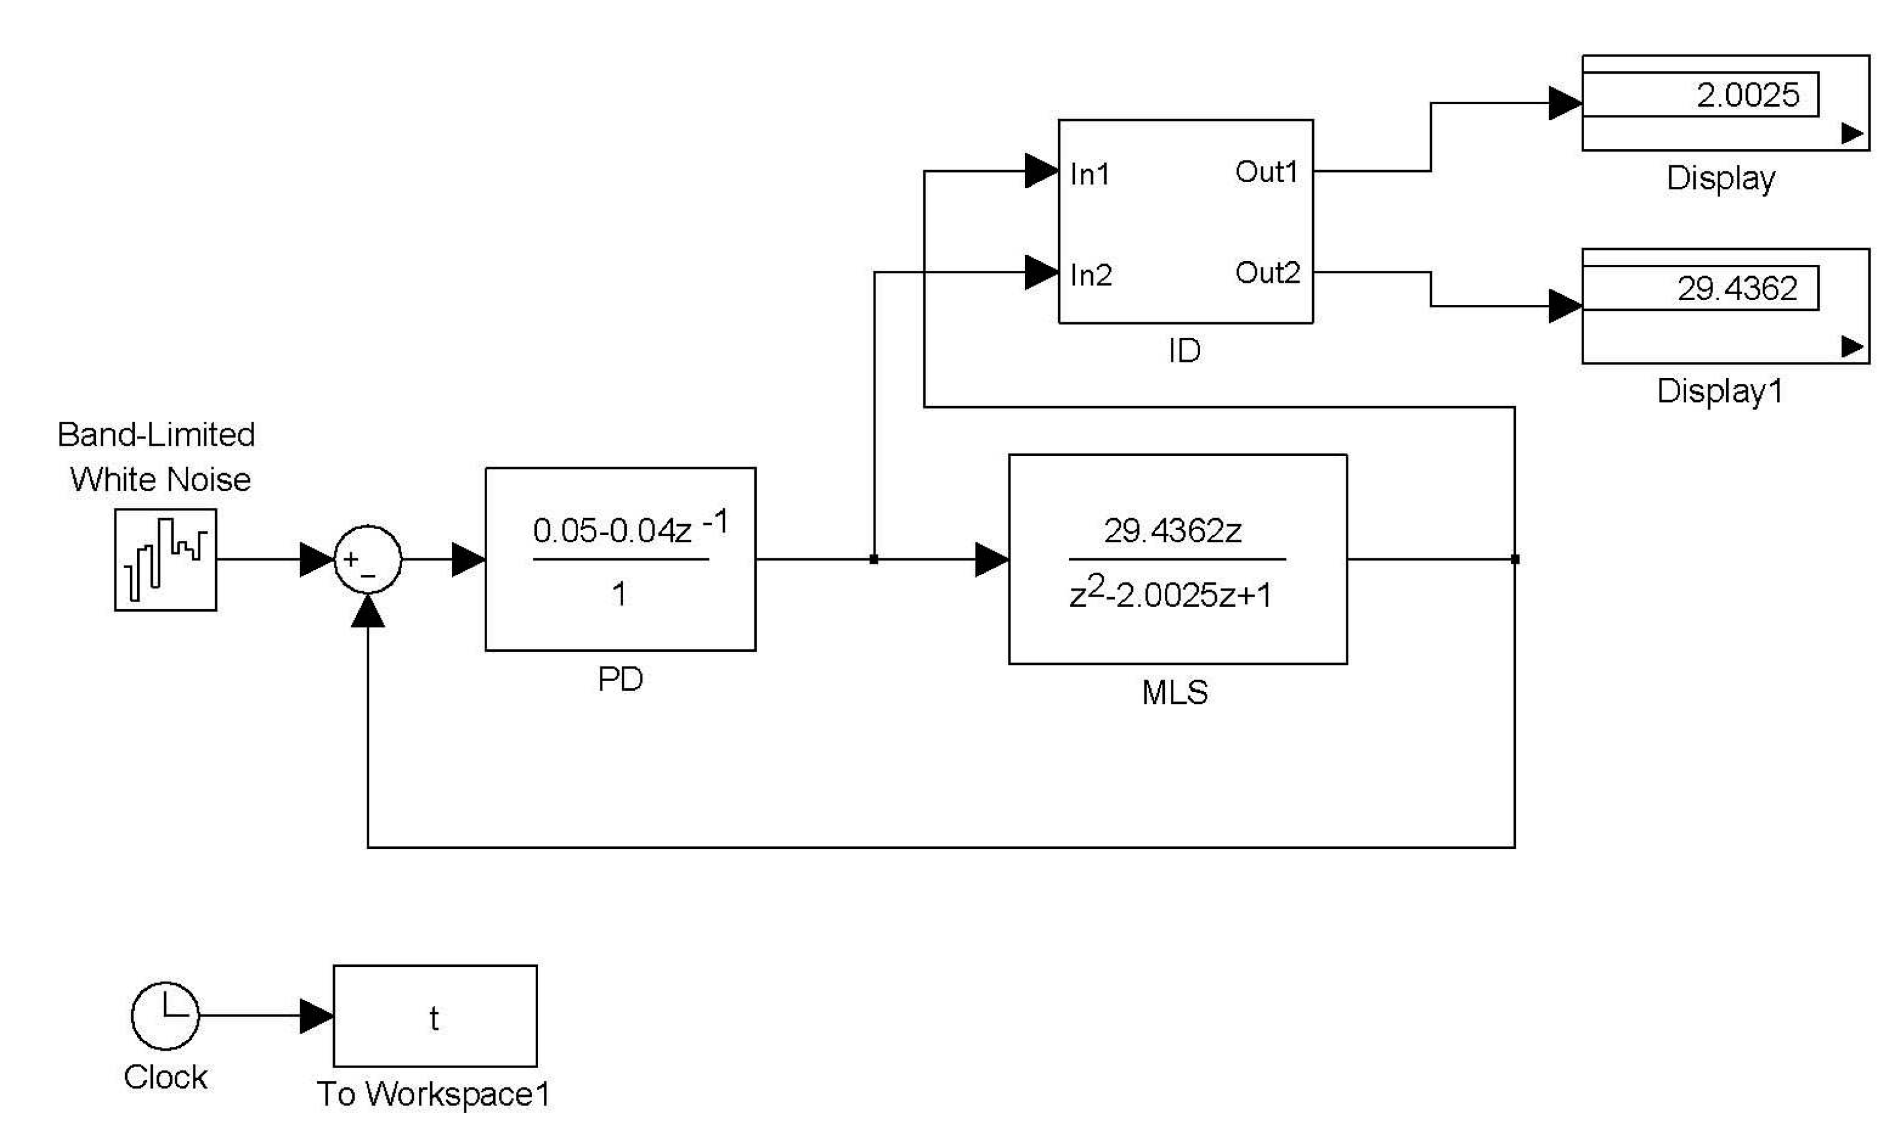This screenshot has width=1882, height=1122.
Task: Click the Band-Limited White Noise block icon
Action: click(165, 560)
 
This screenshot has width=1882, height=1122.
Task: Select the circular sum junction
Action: click(367, 560)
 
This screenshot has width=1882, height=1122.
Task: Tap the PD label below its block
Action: click(620, 679)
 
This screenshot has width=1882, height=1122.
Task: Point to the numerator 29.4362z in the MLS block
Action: click(1172, 531)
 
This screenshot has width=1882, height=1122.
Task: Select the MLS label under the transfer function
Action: click(1174, 692)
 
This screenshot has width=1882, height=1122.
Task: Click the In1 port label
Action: click(1089, 175)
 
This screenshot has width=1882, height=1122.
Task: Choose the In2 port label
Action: click(1090, 275)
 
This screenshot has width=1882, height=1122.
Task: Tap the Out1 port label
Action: click(1266, 173)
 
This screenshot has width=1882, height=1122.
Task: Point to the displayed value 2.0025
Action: click(1747, 95)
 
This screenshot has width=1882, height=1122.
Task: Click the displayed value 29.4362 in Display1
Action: click(1737, 289)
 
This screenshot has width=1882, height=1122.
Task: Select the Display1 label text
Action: click(1720, 392)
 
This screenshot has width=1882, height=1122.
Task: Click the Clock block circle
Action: click(165, 1015)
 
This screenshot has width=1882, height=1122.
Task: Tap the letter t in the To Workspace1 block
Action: click(434, 1018)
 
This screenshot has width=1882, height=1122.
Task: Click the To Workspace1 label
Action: click(433, 1094)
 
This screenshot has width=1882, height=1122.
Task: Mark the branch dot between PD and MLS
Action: click(874, 560)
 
